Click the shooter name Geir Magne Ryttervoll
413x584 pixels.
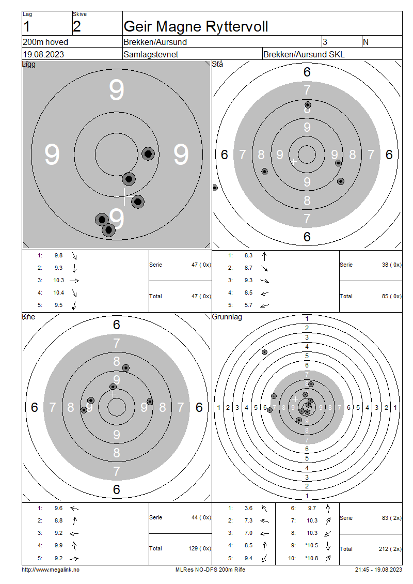(196, 26)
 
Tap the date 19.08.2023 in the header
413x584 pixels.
(43, 54)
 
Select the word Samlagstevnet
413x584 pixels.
(151, 54)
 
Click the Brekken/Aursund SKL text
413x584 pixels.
(304, 54)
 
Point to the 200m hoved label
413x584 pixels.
(45, 42)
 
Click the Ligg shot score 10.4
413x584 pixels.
(59, 293)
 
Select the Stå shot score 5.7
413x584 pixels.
(248, 305)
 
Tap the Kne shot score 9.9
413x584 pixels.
(58, 546)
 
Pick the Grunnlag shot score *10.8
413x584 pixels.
(312, 558)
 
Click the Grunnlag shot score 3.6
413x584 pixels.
(248, 509)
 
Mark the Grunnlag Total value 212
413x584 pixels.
(384, 549)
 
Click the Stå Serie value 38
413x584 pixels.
(385, 265)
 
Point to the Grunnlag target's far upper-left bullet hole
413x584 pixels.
(264, 352)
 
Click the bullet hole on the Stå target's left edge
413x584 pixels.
(214, 188)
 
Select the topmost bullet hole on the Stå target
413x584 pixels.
(308, 105)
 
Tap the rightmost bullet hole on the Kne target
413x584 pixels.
(150, 402)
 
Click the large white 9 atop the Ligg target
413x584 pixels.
(117, 90)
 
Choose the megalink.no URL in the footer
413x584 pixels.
(51, 570)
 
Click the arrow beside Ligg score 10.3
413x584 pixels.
(74, 281)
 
